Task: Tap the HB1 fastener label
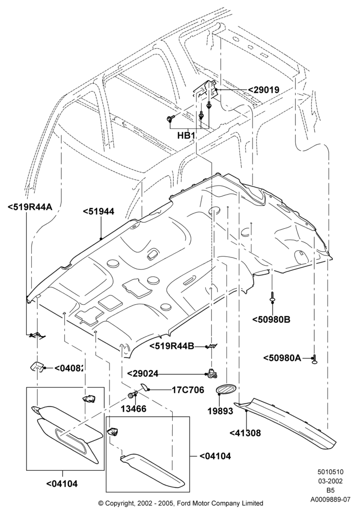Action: [187, 135]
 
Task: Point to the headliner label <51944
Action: [98, 211]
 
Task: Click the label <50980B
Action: [272, 319]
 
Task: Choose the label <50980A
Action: [282, 358]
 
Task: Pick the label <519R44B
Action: [172, 346]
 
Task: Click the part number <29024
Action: [142, 373]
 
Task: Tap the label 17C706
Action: [188, 390]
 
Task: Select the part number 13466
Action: [133, 409]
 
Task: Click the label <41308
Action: [245, 433]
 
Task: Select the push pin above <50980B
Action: [273, 296]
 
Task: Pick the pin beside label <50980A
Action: [314, 359]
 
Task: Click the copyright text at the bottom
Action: [181, 503]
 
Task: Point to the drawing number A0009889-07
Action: [331, 500]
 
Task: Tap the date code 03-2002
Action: [331, 481]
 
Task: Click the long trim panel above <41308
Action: [285, 421]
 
